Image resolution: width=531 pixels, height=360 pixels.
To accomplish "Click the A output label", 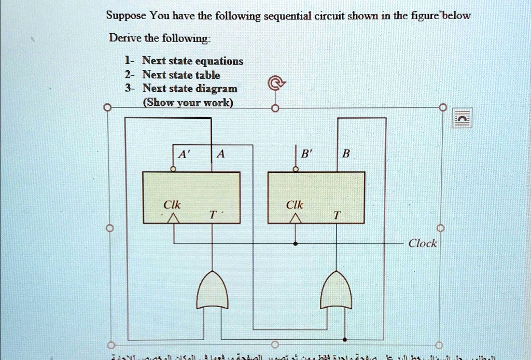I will (221, 154).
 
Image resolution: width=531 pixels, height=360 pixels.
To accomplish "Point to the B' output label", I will (306, 154).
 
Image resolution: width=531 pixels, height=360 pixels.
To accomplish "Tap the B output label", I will (346, 154).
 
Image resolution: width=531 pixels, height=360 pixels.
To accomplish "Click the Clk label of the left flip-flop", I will (172, 205).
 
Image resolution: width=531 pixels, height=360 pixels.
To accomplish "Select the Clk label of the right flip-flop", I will (295, 205).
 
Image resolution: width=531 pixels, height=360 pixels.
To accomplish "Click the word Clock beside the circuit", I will (423, 243).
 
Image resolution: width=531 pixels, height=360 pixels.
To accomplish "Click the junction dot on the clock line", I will (296, 243).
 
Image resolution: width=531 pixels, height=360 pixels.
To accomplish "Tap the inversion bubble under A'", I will (173, 169).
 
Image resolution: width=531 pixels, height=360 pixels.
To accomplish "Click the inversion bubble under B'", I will (296, 169).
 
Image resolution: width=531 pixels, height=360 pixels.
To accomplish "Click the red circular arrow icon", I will (276, 82).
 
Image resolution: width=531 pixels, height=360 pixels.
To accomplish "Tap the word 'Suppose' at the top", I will (126, 15).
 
